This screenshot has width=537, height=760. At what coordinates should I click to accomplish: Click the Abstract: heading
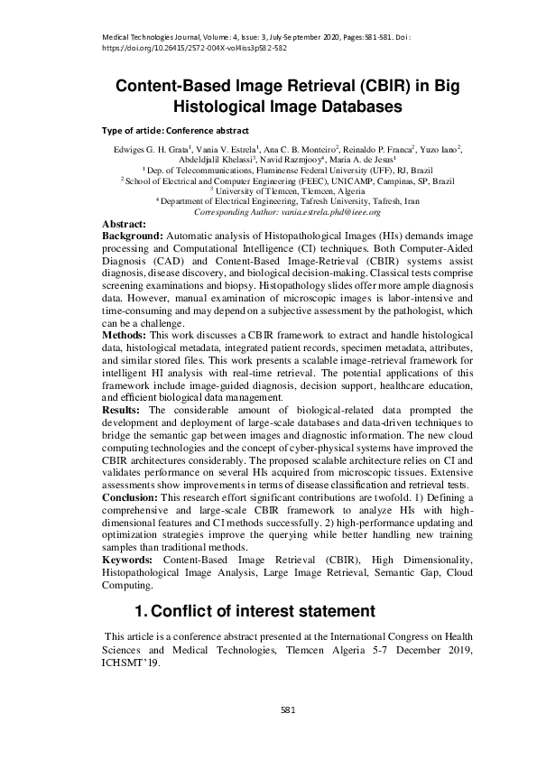click(x=125, y=223)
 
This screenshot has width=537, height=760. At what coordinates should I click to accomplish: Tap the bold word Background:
click(x=134, y=234)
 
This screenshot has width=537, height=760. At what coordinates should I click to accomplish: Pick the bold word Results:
click(x=124, y=411)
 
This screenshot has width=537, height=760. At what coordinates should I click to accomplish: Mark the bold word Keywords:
click(x=131, y=561)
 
